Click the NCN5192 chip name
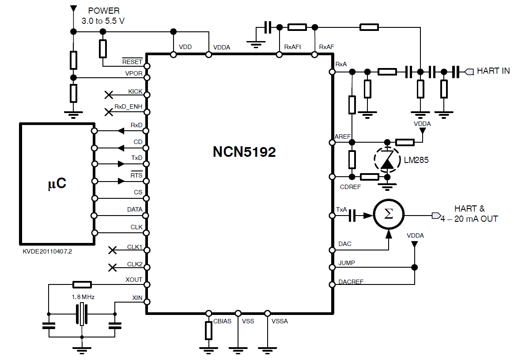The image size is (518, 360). point(244,152)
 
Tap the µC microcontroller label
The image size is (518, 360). point(57,184)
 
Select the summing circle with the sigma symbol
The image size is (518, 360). point(389,215)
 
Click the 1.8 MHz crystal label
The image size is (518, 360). point(83,297)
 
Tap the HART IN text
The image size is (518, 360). point(493,71)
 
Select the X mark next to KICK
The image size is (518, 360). point(109,95)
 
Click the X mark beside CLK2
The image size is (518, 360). point(113,267)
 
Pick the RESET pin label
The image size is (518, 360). point(132,62)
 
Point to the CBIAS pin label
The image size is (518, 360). point(222,321)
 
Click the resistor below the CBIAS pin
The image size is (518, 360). point(209,330)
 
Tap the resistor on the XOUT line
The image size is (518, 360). point(82,284)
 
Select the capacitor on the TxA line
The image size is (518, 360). point(352,216)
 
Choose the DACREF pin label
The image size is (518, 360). point(351,282)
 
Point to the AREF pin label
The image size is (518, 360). point(343,137)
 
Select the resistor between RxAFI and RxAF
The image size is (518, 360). point(297,27)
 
